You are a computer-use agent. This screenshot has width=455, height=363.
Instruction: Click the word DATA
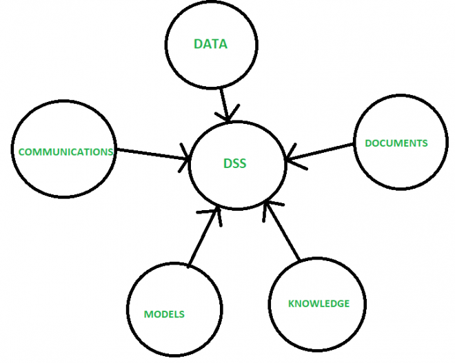click(x=210, y=44)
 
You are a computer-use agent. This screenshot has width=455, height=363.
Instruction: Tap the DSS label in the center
click(x=235, y=163)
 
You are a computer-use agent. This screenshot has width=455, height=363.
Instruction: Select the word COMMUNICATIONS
click(x=65, y=152)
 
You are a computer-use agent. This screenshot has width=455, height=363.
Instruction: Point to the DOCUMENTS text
click(x=396, y=143)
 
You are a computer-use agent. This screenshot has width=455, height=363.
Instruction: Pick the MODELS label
click(x=164, y=314)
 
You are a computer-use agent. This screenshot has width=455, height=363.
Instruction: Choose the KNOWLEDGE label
click(x=318, y=303)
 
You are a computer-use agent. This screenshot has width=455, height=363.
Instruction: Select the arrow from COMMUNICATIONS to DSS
click(x=153, y=154)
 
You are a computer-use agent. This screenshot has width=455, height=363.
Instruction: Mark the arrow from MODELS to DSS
click(x=203, y=236)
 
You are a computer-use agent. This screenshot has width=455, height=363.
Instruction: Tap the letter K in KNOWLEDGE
click(x=291, y=303)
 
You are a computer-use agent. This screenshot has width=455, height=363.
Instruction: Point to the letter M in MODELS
click(x=148, y=314)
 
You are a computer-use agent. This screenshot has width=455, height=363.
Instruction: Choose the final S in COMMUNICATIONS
click(x=110, y=152)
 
